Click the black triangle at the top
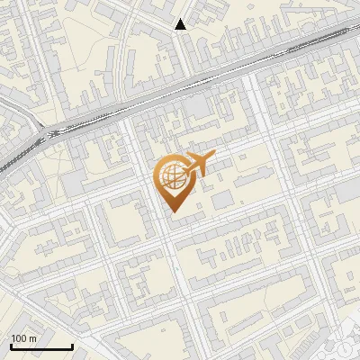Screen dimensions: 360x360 click(x=181, y=24)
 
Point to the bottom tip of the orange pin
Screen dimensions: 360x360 click(x=171, y=212)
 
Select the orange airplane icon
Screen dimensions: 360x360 click(x=199, y=165)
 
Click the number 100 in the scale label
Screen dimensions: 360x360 click(x=19, y=337)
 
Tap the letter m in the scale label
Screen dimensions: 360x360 click(x=33, y=337)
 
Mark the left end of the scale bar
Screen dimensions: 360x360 click(x=11, y=346)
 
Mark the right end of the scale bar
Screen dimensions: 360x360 click(x=72, y=346)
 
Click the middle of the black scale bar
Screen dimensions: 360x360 click(x=41, y=346)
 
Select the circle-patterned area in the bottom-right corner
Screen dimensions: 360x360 click(x=346, y=346)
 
